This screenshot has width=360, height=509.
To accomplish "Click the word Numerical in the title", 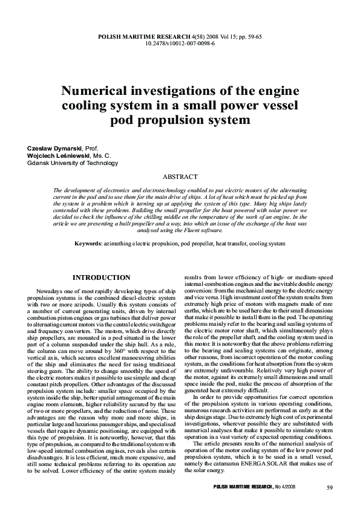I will click(x=97, y=91).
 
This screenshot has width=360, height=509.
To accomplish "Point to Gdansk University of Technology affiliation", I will click(x=69, y=163).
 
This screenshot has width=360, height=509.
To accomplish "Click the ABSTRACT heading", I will click(x=180, y=177).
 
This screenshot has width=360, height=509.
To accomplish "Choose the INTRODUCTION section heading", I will click(x=101, y=277).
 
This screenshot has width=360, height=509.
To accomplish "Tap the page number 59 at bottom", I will click(x=329, y=487).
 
